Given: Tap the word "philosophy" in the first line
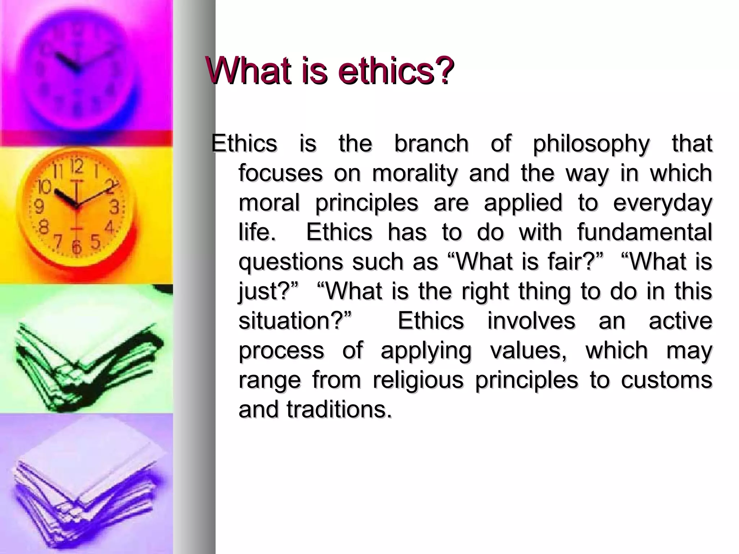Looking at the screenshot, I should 591,144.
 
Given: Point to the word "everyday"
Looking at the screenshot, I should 663,203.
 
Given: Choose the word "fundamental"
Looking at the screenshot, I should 644,232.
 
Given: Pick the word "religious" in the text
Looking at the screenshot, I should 418,380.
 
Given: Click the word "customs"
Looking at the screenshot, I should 666,380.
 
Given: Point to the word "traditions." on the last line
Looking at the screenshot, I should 339,409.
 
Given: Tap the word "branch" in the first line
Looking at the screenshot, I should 431,144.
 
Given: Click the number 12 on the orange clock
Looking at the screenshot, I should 77,166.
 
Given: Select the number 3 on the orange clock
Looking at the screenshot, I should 115,208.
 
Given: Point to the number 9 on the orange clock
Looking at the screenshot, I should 39,207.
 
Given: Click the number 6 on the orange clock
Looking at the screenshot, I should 76,246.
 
